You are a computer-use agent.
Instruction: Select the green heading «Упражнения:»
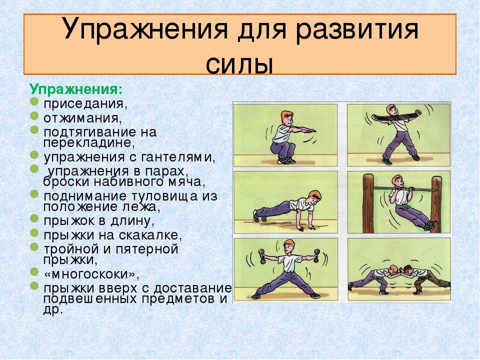(x=76, y=89)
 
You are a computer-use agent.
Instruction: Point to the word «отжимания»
(x=82, y=118)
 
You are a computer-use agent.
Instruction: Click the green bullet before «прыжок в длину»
(x=34, y=218)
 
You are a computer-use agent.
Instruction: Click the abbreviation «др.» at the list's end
(x=53, y=310)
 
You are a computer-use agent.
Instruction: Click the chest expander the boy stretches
(x=396, y=116)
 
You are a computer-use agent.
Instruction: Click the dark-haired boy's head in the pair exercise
(x=408, y=270)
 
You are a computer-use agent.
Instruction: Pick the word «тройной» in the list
(x=72, y=248)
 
